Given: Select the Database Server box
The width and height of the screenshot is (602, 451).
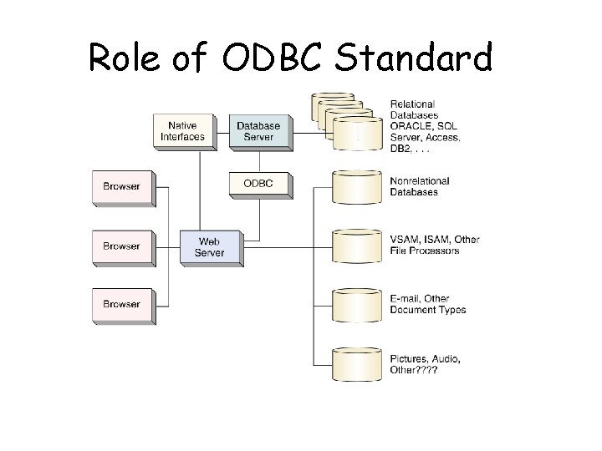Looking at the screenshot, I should pyautogui.click(x=258, y=131).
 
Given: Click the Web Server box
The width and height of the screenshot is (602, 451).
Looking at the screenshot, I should pyautogui.click(x=210, y=246).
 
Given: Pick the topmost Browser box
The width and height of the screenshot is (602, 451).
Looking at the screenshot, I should pyautogui.click(x=121, y=187).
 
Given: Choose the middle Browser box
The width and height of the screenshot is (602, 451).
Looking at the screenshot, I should pyautogui.click(x=121, y=246).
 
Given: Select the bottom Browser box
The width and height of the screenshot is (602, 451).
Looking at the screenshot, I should pyautogui.click(x=121, y=305).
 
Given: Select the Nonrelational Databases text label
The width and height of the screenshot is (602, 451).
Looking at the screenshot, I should pyautogui.click(x=420, y=186).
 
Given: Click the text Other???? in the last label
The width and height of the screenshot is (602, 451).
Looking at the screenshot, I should pyautogui.click(x=414, y=370).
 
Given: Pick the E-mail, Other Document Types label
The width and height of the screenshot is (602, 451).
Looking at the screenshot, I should pyautogui.click(x=428, y=304).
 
